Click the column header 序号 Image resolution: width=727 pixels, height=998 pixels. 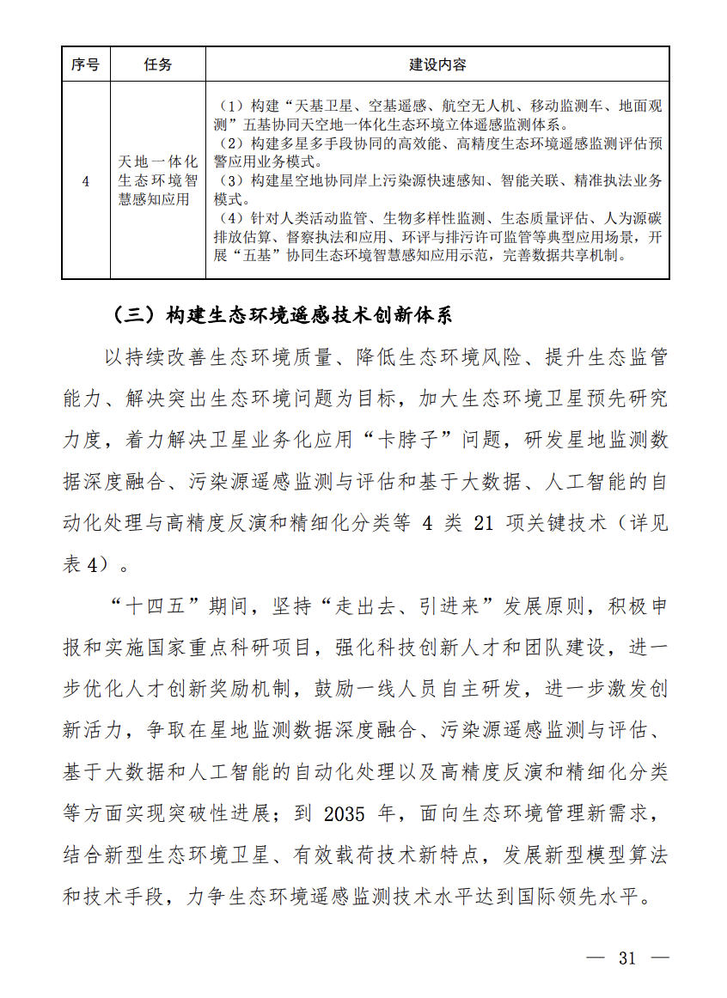pos(85,64)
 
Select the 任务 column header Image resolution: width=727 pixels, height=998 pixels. pos(158,64)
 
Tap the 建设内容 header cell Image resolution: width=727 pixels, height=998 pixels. pos(437,64)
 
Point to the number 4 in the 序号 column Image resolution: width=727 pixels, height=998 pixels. pos(85,181)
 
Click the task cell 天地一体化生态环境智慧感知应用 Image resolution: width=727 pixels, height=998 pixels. pos(158,181)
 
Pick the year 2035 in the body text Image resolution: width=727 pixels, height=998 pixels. pos(346,813)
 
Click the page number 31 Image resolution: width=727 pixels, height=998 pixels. pos(626,958)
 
